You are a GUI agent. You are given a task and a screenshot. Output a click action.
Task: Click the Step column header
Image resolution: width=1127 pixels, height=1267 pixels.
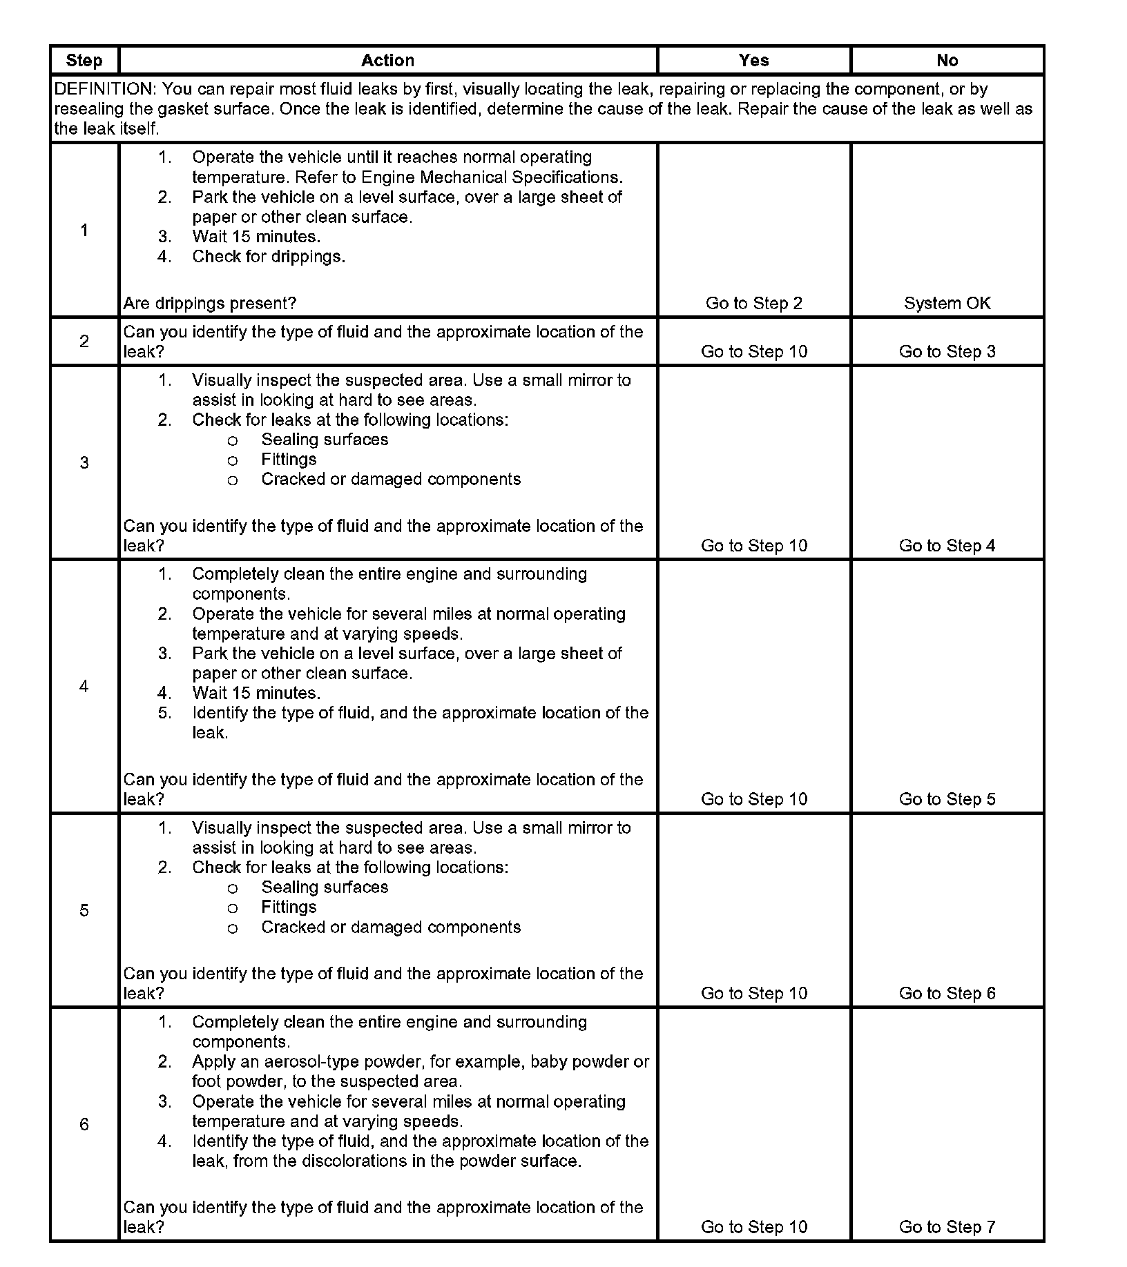[x=84, y=61]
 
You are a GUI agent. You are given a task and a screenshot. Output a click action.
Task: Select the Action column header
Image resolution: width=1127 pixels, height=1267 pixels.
[x=387, y=61]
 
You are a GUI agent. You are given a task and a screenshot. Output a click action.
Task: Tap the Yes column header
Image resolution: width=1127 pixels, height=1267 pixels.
[x=753, y=61]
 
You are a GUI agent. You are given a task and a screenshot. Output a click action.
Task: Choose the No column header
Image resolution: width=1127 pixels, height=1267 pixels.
[x=947, y=61]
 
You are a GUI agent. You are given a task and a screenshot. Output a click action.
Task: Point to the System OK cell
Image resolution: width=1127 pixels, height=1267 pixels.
[x=947, y=303]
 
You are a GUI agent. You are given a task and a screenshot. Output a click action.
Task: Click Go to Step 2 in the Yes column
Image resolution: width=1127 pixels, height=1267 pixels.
[x=753, y=303]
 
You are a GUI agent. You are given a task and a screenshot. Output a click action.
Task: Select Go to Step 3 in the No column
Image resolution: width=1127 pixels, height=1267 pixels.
[x=947, y=351]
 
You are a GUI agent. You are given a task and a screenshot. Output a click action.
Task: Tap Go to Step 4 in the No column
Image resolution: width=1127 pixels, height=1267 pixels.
[x=947, y=545]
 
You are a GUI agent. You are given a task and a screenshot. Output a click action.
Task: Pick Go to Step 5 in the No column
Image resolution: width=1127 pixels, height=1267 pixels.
[x=947, y=798]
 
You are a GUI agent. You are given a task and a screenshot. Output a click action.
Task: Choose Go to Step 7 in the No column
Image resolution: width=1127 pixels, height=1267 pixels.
[x=947, y=1226]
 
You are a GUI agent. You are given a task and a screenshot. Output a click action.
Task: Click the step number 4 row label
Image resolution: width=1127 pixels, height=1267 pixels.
[x=84, y=686]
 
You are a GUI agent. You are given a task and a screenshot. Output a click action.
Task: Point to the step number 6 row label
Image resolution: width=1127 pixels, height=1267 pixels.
[x=84, y=1124]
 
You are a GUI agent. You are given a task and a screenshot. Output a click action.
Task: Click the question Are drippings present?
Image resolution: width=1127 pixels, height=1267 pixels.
[x=210, y=303]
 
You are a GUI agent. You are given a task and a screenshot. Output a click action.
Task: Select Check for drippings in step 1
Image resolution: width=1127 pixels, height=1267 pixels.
[x=269, y=257]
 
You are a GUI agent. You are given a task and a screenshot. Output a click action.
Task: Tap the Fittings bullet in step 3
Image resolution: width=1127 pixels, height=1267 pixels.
[x=289, y=460]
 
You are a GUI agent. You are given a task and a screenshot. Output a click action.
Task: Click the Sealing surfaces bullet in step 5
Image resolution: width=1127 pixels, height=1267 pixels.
[x=325, y=887]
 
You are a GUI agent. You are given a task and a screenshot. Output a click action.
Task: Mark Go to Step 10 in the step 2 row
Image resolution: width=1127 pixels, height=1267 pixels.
[x=753, y=351]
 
